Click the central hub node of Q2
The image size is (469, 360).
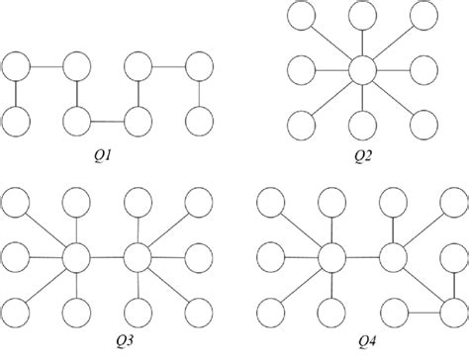tap(361, 70)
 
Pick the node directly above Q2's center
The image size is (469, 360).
tap(361, 17)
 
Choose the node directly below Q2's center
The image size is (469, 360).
tap(361, 124)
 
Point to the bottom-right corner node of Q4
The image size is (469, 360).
tap(451, 310)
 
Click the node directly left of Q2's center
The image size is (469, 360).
tap(301, 70)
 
